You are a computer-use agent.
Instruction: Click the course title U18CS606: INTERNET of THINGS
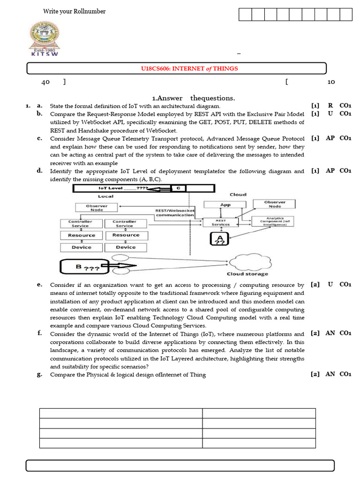coord(189,68)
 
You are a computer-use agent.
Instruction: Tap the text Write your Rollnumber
coord(74,11)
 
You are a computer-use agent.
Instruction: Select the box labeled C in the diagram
coord(178,188)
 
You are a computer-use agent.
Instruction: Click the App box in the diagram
coord(225,205)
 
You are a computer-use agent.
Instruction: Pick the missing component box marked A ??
coord(219,240)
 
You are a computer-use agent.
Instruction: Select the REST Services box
coord(221,222)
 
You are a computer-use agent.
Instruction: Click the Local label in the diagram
coord(106,196)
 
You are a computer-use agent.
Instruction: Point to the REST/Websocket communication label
coord(175,213)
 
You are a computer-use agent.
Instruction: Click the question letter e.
coord(40,285)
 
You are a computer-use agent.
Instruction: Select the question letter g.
coord(40,375)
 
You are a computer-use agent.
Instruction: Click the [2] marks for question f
coord(315,333)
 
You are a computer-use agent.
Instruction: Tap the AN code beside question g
coord(330,375)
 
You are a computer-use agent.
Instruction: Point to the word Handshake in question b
coord(85,130)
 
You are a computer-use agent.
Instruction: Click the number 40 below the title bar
coord(45,82)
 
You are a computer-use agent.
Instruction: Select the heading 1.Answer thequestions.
coord(194,98)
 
